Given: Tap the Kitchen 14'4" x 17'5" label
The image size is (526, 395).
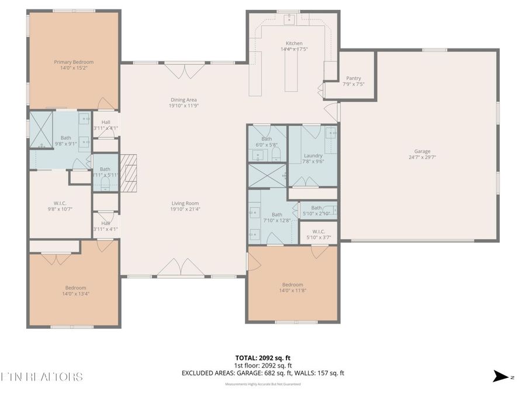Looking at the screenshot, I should click(294, 46).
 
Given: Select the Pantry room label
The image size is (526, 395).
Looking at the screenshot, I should click(353, 81).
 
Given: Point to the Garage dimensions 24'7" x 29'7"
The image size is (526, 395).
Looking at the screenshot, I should click(422, 157).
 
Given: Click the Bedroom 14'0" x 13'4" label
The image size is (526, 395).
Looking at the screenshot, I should click(75, 291).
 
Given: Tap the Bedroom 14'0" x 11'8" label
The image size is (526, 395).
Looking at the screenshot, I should click(292, 287).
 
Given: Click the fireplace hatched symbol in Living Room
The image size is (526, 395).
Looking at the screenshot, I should click(129, 173).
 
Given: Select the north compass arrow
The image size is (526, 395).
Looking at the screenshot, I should click(501, 376).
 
